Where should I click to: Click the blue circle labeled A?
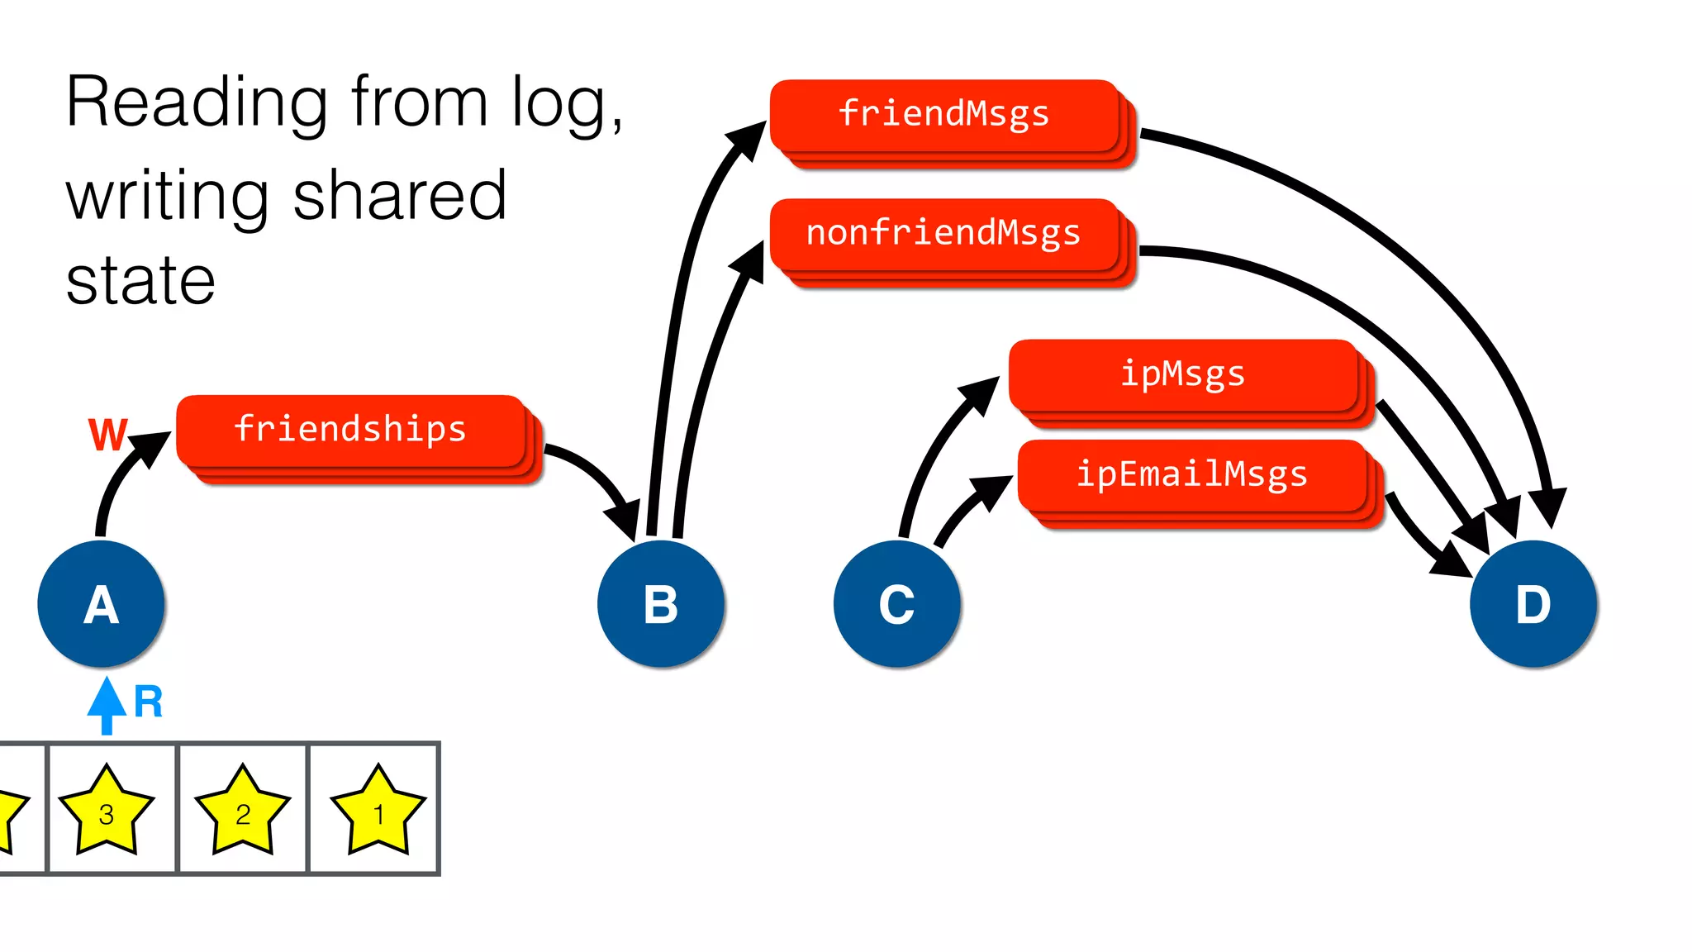pos(101,604)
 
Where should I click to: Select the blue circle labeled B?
pos(660,604)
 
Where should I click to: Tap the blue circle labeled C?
pos(896,604)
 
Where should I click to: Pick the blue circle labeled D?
pos(1533,604)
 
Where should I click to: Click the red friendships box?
pos(351,431)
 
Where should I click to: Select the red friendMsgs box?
pos(944,115)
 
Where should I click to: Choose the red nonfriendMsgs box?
pos(944,234)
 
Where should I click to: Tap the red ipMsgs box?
pos(1183,374)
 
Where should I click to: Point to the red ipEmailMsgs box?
pos(1192,475)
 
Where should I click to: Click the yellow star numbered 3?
pos(107,812)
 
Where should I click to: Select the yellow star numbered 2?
pos(242,812)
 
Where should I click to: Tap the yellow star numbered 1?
pos(378,812)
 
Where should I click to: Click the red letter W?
pos(107,435)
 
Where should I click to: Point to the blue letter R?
pos(149,702)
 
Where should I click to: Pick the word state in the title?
pos(140,281)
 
